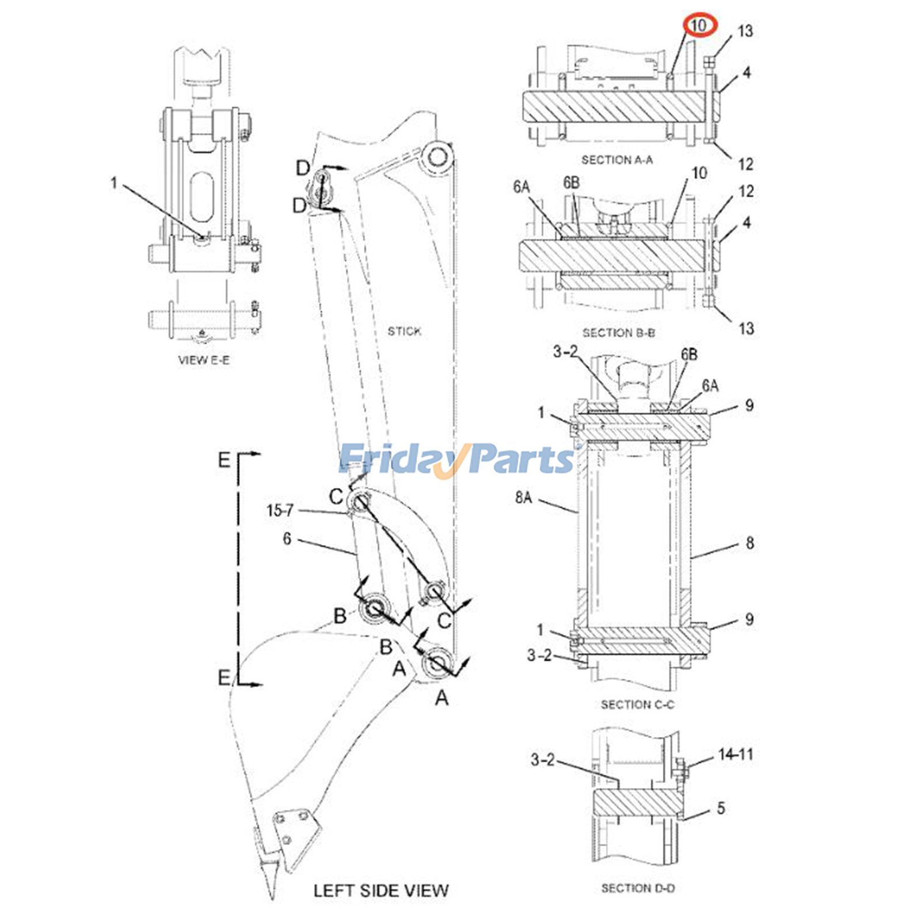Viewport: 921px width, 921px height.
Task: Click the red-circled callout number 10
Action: (x=698, y=26)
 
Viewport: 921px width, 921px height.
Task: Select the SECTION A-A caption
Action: (x=616, y=160)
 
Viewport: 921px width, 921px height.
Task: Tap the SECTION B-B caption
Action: (x=618, y=333)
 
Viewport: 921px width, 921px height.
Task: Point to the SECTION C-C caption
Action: (x=637, y=705)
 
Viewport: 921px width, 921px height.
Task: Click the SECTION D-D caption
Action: (x=638, y=888)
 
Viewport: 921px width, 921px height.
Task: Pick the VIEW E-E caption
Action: (x=204, y=360)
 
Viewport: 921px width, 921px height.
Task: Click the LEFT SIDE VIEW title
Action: (x=380, y=890)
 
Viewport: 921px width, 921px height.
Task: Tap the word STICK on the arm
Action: (x=404, y=331)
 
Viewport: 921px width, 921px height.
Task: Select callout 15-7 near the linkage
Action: (x=280, y=510)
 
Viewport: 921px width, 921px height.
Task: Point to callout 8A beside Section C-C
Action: (x=523, y=497)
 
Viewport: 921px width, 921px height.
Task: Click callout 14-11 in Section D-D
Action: (x=735, y=754)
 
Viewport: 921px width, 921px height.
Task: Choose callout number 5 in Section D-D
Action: (x=721, y=808)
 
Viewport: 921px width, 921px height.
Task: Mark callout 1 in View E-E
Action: (x=113, y=183)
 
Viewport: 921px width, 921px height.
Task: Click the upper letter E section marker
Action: (x=224, y=460)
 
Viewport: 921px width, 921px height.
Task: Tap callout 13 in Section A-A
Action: (x=745, y=31)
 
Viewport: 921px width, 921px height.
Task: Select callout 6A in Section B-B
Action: (x=522, y=187)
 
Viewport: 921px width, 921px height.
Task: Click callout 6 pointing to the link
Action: (x=287, y=539)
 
